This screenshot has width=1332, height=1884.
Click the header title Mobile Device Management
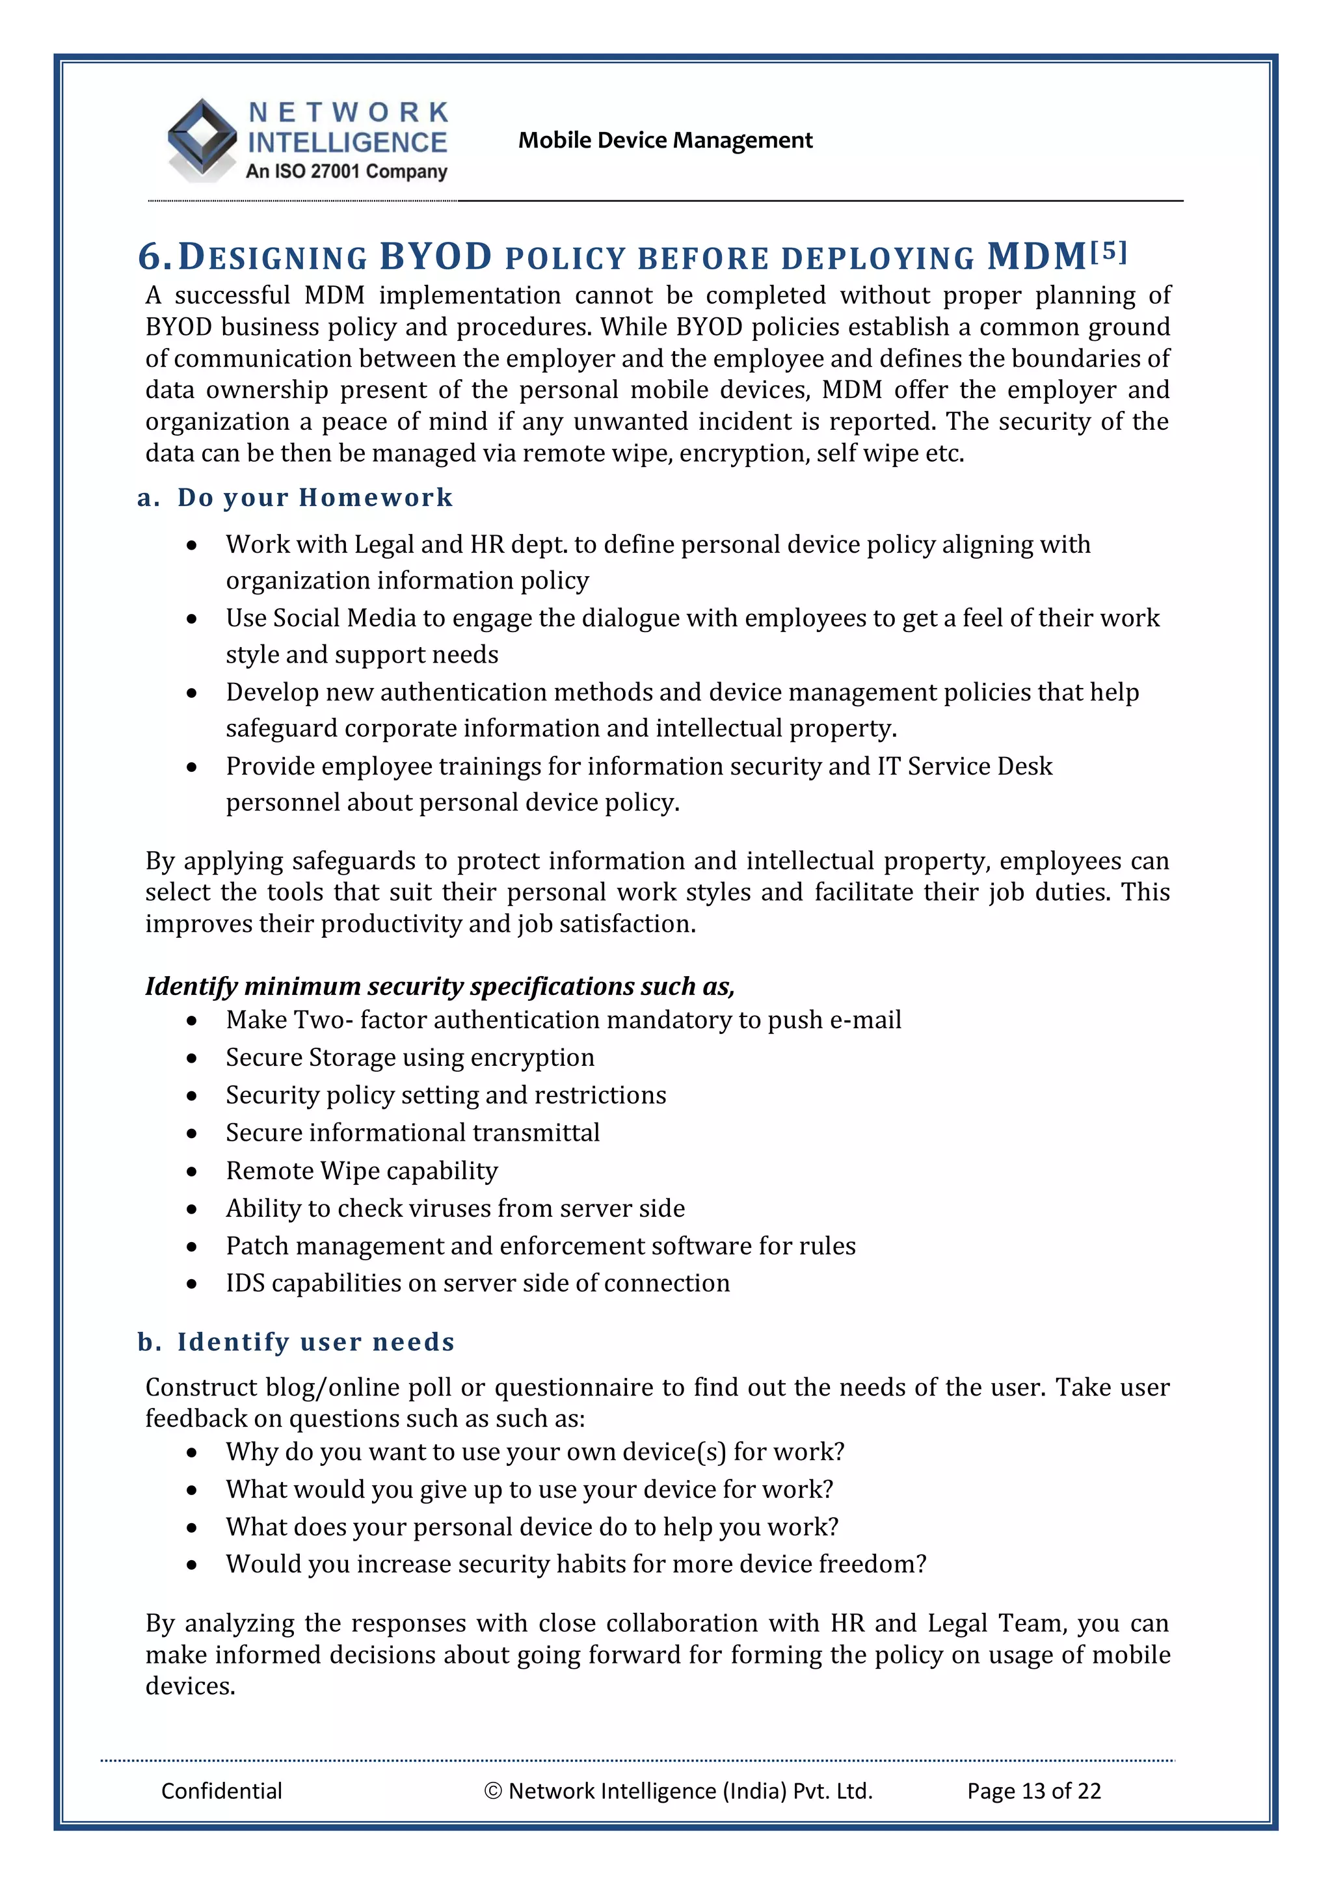pyautogui.click(x=665, y=140)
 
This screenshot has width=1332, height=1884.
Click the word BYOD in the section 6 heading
pyautogui.click(x=435, y=257)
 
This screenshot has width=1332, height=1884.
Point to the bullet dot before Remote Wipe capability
pyautogui.click(x=192, y=1172)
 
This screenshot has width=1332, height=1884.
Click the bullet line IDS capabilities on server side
pyautogui.click(x=477, y=1283)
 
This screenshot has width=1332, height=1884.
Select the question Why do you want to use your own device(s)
pyautogui.click(x=535, y=1452)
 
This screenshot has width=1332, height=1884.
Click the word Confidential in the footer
pyautogui.click(x=222, y=1790)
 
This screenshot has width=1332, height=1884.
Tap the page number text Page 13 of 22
pyautogui.click(x=1033, y=1790)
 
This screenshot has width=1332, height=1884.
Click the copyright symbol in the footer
pyautogui.click(x=492, y=1791)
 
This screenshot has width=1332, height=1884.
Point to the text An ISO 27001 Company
pyautogui.click(x=347, y=172)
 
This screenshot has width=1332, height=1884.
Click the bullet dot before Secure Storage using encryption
pyautogui.click(x=192, y=1059)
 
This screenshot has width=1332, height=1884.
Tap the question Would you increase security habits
pyautogui.click(x=576, y=1564)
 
